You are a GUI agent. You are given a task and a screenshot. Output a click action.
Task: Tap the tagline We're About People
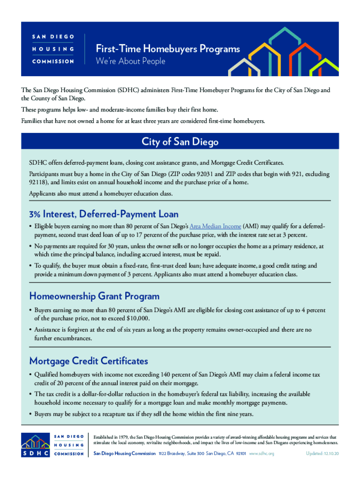pos(130,61)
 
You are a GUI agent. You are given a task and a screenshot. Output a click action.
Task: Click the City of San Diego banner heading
pos(180,142)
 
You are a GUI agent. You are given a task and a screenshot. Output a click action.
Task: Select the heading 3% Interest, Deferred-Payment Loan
pos(104,214)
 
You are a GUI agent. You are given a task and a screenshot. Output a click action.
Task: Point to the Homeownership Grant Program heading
pos(94,296)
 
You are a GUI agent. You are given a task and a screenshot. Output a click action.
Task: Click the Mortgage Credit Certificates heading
pos(89,361)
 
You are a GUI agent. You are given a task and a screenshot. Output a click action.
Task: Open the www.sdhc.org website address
pos(262,453)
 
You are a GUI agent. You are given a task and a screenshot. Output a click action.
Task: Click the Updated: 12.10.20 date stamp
pos(322,453)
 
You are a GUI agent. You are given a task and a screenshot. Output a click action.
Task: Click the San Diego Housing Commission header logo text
pos(53,49)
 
